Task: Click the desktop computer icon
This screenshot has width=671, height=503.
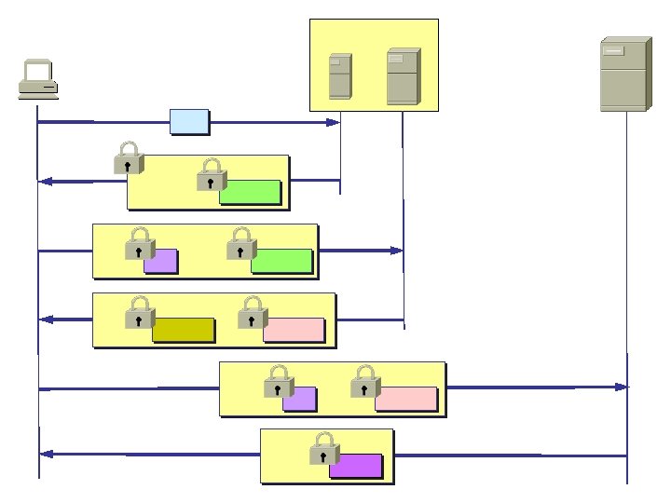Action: [x=39, y=79]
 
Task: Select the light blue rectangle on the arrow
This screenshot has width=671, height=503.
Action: [x=189, y=121]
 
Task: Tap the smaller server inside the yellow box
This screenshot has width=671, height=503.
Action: [x=340, y=76]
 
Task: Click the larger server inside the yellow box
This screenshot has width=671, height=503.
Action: [x=403, y=77]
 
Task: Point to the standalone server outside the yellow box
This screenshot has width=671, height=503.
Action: [x=623, y=75]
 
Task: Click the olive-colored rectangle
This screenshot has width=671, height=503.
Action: [x=184, y=330]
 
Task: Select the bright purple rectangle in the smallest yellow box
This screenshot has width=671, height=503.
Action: [x=356, y=466]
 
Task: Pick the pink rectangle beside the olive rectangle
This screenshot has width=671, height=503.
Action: [x=294, y=330]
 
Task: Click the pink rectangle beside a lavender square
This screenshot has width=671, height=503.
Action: [x=406, y=399]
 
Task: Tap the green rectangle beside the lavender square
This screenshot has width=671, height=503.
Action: [x=281, y=261]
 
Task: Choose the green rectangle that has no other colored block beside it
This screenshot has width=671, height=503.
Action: [x=250, y=191]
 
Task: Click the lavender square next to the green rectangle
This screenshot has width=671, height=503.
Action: [x=161, y=261]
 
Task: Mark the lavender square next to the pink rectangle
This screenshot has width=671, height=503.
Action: [x=300, y=400]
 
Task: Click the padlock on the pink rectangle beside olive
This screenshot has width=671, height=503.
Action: [x=252, y=312]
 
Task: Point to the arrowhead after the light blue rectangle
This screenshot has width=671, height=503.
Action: [x=333, y=122]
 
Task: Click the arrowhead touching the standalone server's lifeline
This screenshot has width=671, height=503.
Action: [x=621, y=386]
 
